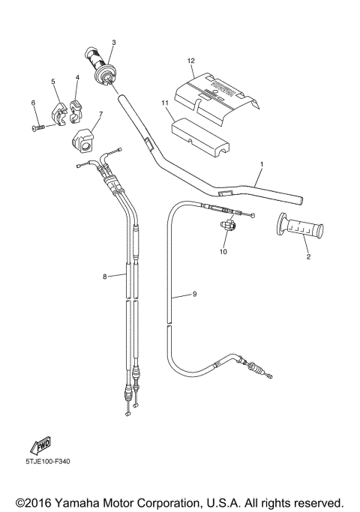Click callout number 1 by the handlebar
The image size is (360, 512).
pos(262,163)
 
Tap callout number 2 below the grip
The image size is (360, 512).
pos(307,257)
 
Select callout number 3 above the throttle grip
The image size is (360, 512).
pos(113,43)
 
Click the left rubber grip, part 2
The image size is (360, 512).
pos(301,226)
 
